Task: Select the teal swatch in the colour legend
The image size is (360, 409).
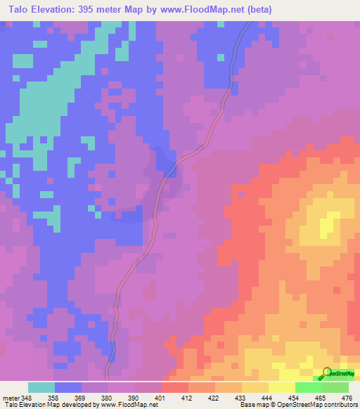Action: point(41,387)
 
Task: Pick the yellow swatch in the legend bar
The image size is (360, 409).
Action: point(281,387)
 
